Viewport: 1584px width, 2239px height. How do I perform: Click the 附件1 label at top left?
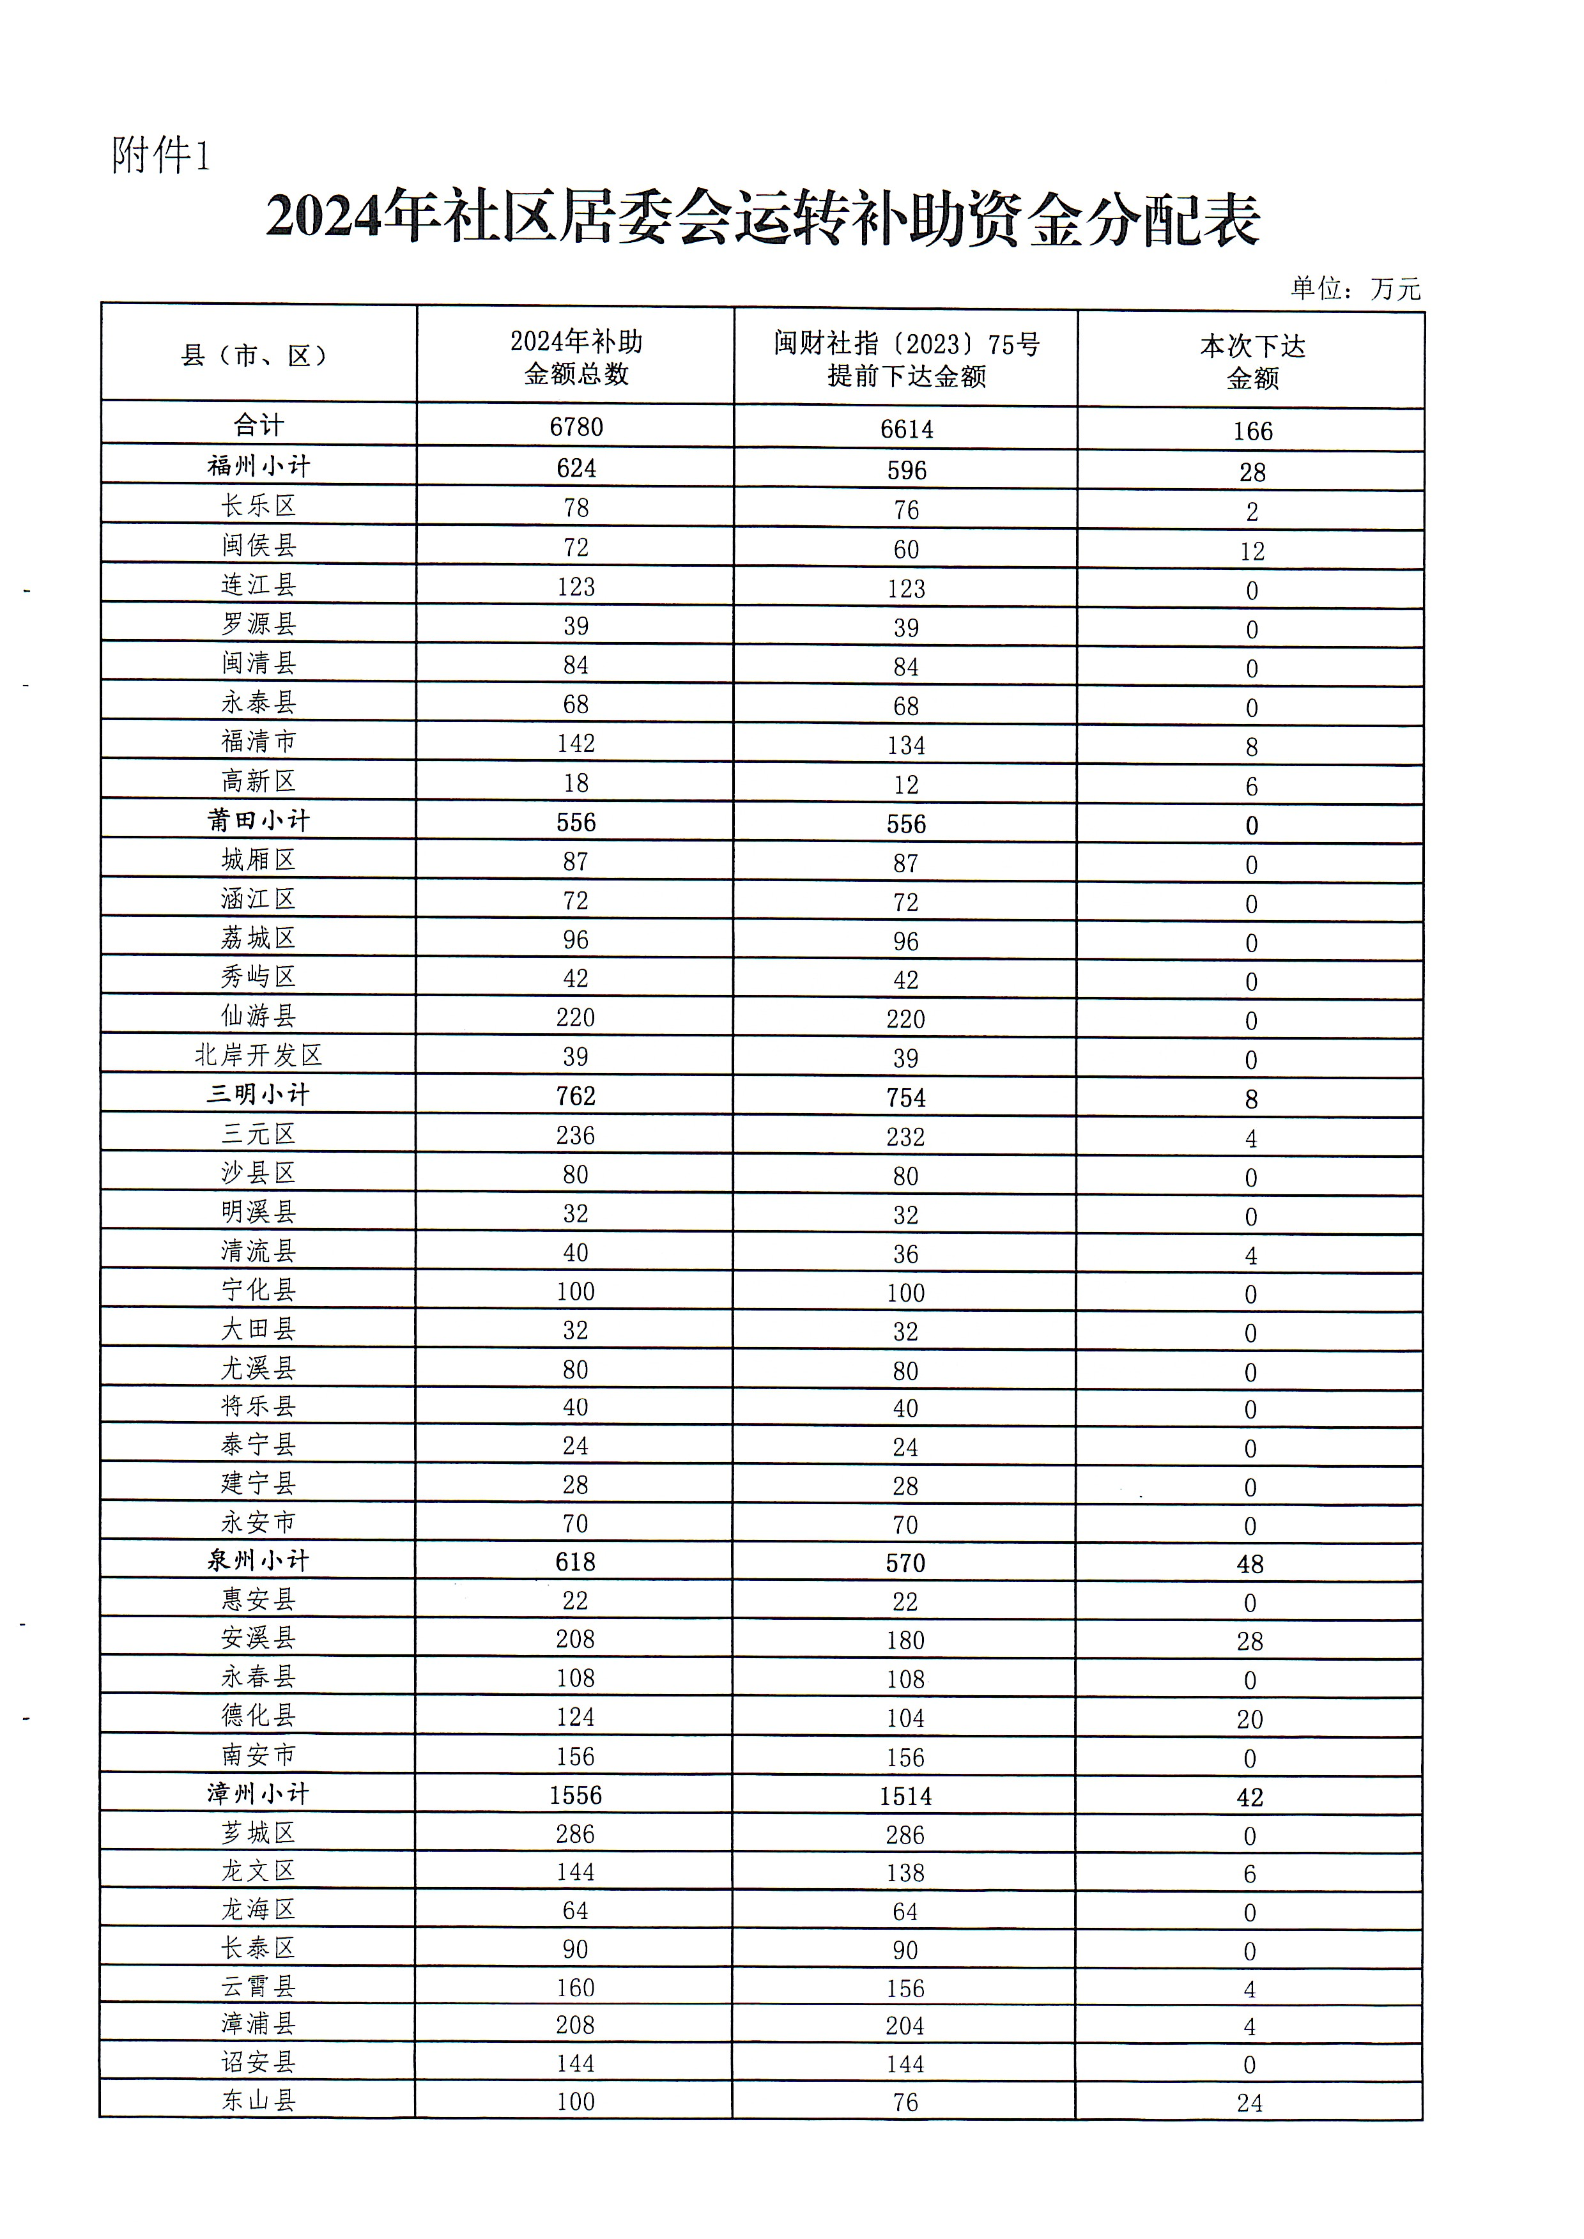point(161,155)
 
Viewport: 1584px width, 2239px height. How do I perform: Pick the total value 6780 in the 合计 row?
point(576,427)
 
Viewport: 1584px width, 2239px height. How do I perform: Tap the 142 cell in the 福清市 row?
point(576,743)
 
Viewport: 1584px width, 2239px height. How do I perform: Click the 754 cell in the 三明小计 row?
point(905,1098)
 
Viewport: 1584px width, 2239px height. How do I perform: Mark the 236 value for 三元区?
point(576,1135)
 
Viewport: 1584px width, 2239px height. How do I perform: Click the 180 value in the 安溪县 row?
point(905,1640)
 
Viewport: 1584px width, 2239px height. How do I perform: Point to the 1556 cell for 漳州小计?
point(576,1796)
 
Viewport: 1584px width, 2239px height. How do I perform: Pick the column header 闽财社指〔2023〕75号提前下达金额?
point(905,359)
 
